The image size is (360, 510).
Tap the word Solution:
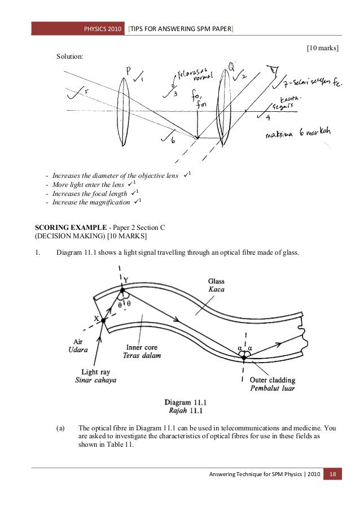tap(69, 56)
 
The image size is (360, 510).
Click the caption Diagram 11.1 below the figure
tap(186, 402)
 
